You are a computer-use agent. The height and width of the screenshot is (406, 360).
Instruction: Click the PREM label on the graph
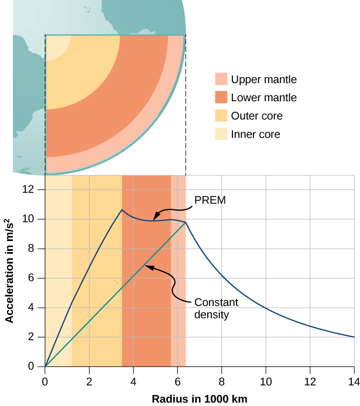click(210, 200)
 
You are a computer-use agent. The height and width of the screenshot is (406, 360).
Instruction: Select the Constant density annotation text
click(211, 308)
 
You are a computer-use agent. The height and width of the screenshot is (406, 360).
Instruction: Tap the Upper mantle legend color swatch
click(221, 80)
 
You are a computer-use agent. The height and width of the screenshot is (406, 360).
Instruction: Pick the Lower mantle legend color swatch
click(221, 98)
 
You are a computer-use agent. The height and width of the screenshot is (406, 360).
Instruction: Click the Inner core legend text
click(255, 134)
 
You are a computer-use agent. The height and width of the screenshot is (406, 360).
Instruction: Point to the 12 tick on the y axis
click(33, 190)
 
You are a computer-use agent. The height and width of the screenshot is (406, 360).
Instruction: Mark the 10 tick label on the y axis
click(33, 219)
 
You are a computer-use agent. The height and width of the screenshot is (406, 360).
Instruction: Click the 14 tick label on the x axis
click(354, 379)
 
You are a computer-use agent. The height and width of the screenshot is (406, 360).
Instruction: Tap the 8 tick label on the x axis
click(221, 379)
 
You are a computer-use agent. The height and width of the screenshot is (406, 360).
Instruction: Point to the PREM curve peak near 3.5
click(121, 209)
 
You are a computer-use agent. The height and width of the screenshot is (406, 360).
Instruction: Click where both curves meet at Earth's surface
click(186, 222)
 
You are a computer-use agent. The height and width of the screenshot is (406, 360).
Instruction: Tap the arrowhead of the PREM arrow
click(155, 218)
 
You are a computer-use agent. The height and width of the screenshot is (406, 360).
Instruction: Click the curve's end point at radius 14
click(354, 337)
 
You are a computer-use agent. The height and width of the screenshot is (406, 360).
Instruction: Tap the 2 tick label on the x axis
click(89, 379)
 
